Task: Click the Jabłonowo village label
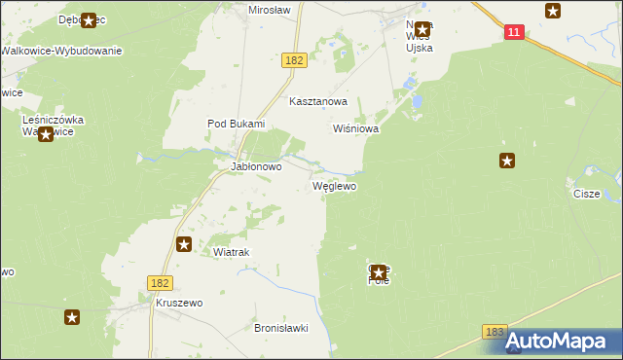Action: (255, 166)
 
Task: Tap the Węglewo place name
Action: (334, 185)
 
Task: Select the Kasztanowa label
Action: (317, 101)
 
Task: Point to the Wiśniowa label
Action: (355, 127)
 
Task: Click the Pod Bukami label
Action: (236, 124)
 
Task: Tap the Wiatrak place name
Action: (232, 252)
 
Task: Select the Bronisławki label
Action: (280, 328)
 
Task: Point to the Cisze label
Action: (587, 194)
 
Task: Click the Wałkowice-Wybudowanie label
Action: (61, 50)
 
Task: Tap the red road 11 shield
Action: (515, 32)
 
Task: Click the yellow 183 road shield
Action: (495, 333)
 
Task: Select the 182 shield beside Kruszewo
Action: (162, 282)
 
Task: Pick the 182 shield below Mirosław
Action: (295, 60)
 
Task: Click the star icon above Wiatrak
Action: (183, 244)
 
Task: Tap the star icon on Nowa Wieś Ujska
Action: (422, 29)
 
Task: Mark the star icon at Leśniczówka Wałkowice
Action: (45, 135)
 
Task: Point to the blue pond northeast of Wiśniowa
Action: (416, 101)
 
